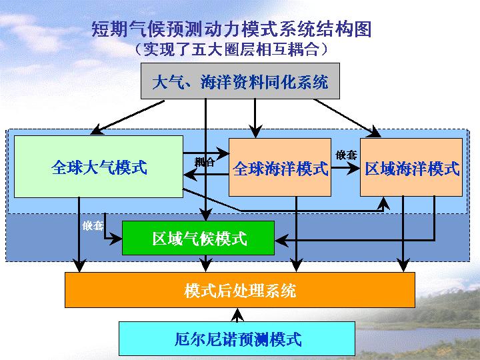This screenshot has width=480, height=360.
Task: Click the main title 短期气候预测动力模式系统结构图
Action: (231, 29)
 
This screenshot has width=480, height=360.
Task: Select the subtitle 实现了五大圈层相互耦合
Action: (231, 49)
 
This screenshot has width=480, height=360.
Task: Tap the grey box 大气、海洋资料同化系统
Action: (240, 81)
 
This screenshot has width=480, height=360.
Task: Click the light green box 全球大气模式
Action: (99, 167)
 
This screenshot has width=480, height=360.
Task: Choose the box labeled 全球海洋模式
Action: (280, 167)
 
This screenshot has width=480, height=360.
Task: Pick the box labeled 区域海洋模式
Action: (411, 167)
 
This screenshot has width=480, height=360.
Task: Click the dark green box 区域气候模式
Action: (198, 238)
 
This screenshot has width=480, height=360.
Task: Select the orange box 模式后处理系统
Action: (240, 290)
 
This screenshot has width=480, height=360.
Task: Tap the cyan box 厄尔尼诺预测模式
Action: (237, 339)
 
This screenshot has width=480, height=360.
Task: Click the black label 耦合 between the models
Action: (204, 161)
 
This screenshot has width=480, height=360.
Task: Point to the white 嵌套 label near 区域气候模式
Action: (93, 226)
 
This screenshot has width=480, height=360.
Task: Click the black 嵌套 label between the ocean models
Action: (346, 155)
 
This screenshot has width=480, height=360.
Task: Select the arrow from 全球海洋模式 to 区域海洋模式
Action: (345, 168)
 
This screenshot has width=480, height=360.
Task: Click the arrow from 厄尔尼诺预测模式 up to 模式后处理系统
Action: (237, 315)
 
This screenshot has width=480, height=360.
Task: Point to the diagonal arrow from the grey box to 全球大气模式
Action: (127, 117)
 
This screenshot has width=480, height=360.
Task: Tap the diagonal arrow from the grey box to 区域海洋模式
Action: (347, 118)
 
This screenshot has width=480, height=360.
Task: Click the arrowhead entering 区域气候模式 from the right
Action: (281, 240)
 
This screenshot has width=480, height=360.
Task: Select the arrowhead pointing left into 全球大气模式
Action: (191, 175)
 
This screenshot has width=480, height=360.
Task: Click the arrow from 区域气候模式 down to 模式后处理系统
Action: (206, 263)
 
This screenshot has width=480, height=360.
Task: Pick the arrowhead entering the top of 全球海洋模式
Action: (255, 131)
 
